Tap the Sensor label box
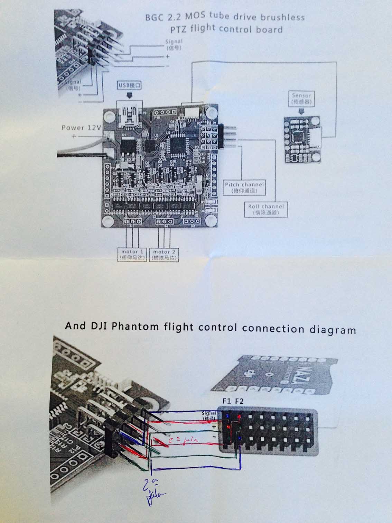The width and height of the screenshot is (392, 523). [301, 99]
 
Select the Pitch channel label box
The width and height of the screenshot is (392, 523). [244, 187]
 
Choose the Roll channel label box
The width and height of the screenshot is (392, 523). [265, 210]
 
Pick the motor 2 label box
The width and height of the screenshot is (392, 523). [164, 255]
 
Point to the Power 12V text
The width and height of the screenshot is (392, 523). [81, 128]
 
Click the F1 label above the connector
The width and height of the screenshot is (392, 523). [227, 402]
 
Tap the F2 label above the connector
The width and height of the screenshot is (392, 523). [239, 402]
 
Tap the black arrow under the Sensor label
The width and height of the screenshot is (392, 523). [301, 111]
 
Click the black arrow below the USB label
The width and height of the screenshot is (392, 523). [130, 95]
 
